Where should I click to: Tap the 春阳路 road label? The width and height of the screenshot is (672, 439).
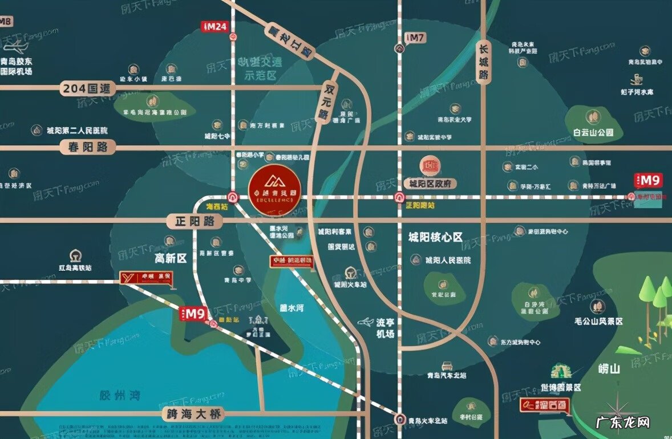tap(87, 147)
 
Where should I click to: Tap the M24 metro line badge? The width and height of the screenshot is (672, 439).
tap(214, 26)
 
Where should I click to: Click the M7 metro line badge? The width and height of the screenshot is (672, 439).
tap(415, 38)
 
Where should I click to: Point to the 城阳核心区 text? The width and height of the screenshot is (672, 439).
tap(435, 237)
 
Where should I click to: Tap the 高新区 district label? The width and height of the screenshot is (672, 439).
tap(171, 258)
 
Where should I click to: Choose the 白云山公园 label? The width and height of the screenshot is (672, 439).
tap(593, 132)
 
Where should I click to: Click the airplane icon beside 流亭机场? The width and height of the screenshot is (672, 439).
tap(366, 323)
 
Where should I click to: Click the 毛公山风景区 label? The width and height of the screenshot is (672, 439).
tap(599, 321)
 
